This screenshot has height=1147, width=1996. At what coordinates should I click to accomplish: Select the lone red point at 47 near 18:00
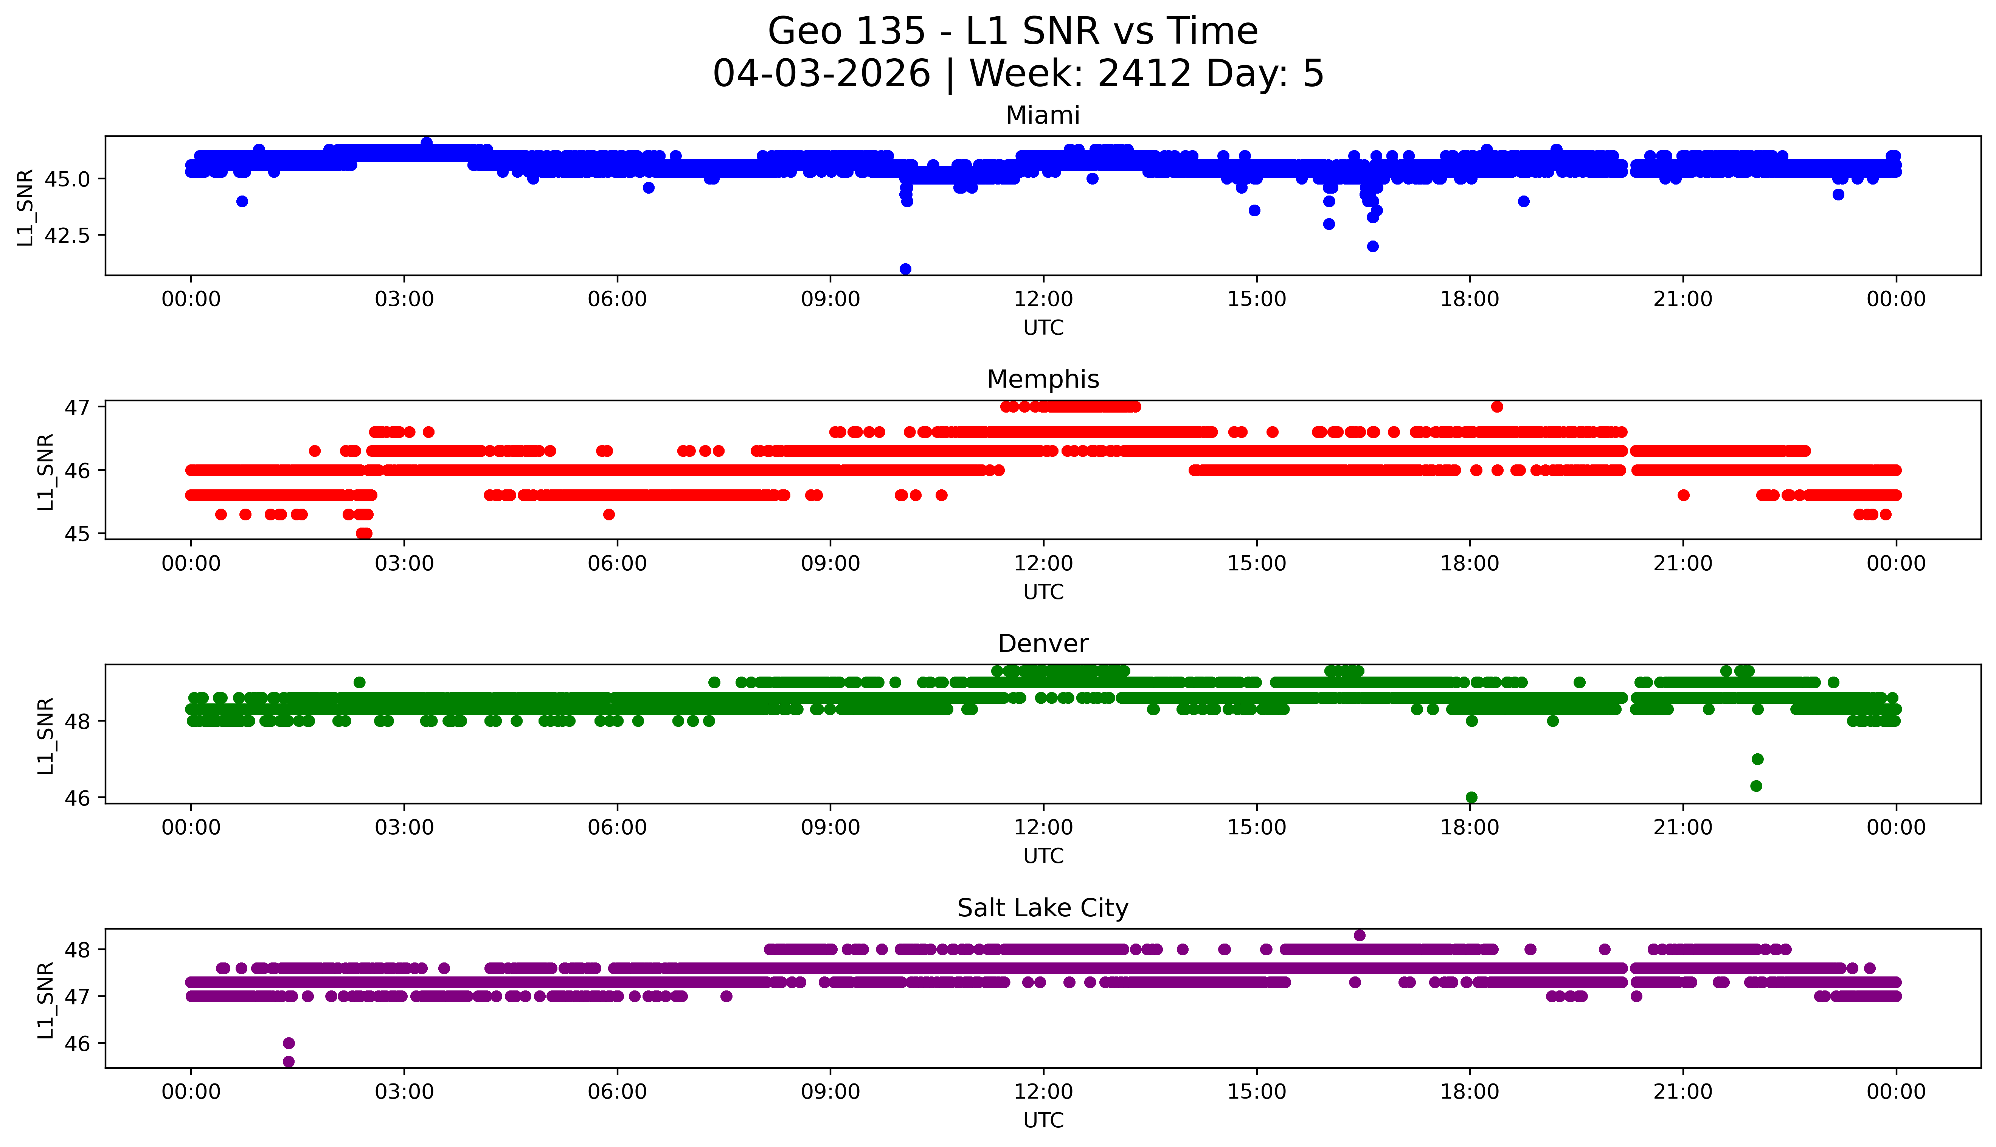click(x=1496, y=407)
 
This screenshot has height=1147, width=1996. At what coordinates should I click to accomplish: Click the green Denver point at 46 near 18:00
click(x=1471, y=797)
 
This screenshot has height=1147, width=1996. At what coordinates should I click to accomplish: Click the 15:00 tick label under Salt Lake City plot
click(x=1256, y=1092)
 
